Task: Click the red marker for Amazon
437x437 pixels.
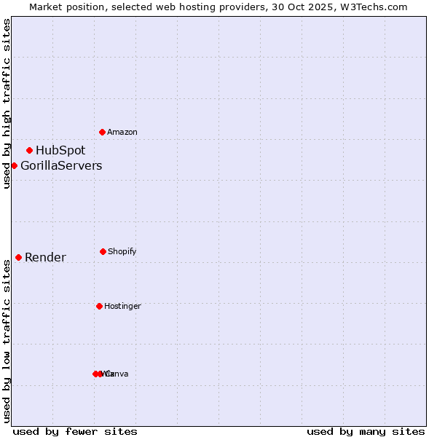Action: tap(103, 132)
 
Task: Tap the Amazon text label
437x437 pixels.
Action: tap(122, 133)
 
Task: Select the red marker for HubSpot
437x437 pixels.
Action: tap(30, 150)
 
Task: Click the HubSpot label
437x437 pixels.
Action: tap(60, 151)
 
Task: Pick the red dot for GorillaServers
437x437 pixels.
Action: tap(14, 165)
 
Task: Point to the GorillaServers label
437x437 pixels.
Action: tap(61, 166)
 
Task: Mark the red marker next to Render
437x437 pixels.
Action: tap(19, 257)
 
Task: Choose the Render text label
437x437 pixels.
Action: tap(45, 258)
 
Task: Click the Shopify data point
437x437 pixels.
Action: tap(103, 251)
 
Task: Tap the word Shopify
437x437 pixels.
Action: tap(122, 252)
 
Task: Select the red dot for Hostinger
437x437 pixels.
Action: tap(99, 306)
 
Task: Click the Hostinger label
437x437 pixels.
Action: tap(122, 307)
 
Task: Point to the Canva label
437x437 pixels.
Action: tap(117, 374)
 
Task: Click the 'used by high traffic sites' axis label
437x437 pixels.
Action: tap(7, 103)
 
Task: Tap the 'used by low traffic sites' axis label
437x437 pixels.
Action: tap(7, 341)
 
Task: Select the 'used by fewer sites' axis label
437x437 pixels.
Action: tap(75, 432)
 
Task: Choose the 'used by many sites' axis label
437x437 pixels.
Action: tap(366, 432)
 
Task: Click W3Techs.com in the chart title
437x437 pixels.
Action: tap(371, 7)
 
